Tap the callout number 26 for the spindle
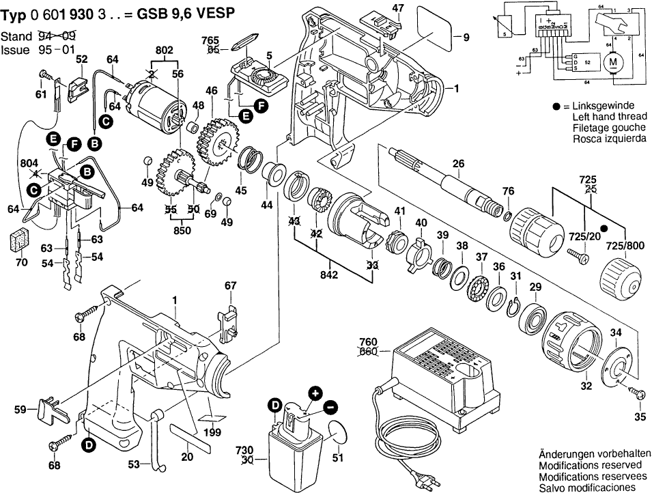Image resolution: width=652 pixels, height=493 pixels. [x=458, y=163]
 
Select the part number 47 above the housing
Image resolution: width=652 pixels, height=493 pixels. [x=397, y=8]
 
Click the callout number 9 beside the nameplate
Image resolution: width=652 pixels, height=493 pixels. [x=466, y=37]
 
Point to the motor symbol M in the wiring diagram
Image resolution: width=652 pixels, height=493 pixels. [x=612, y=63]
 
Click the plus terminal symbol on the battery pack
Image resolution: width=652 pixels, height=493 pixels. [x=315, y=393]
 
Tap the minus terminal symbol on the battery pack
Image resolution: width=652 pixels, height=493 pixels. [x=330, y=407]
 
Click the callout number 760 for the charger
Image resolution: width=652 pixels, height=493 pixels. [x=368, y=341]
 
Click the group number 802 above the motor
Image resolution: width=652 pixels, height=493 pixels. [x=165, y=51]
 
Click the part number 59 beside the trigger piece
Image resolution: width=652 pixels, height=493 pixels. [x=22, y=410]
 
